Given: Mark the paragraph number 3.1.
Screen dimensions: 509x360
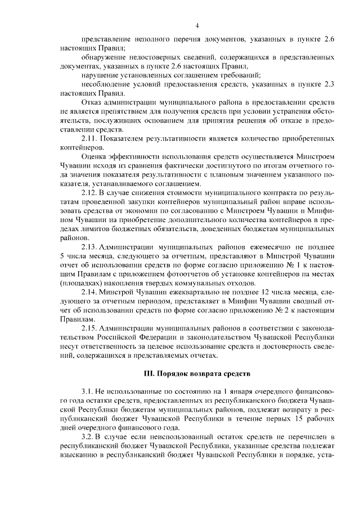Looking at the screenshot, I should pyautogui.click(x=88, y=390).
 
